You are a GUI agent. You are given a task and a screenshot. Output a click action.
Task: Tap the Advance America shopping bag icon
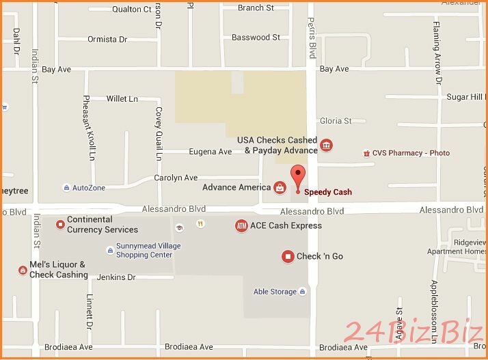pyautogui.click(x=280, y=187)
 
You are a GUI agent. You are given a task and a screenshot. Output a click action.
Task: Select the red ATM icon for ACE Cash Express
pyautogui.click(x=241, y=225)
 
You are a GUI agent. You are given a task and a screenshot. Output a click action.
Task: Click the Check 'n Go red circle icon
pyautogui.click(x=288, y=256)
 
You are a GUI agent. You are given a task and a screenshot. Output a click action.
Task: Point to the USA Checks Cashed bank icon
pyautogui.click(x=327, y=145)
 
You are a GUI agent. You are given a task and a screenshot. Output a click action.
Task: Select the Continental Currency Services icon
pyautogui.click(x=60, y=223)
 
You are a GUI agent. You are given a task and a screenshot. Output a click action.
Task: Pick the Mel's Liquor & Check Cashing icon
pyautogui.click(x=22, y=271)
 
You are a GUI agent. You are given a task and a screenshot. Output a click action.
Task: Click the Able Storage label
pyautogui.click(x=275, y=292)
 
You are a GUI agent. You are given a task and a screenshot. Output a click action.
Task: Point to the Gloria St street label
pyautogui.click(x=336, y=121)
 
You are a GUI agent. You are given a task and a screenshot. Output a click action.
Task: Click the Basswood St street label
pyautogui.click(x=256, y=38)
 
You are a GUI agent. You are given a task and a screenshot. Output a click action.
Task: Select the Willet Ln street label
pyautogui.click(x=122, y=99)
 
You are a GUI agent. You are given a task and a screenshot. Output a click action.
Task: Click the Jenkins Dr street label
pyautogui.click(x=116, y=277)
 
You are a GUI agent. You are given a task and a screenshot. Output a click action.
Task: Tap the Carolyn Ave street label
pyautogui.click(x=176, y=178)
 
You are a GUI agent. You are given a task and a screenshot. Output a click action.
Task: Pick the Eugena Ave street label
pyautogui.click(x=211, y=152)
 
